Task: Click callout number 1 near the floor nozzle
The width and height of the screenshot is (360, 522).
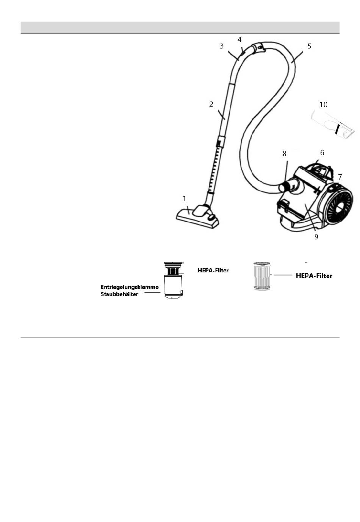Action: pos(185,198)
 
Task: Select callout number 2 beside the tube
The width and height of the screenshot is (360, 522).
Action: pos(211,104)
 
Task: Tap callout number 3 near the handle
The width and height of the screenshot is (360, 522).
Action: pos(222,46)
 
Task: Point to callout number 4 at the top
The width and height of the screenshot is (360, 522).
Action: pos(239,39)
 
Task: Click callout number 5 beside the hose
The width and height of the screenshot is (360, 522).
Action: pos(309,46)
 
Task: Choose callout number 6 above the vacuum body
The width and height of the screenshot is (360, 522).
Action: pos(322,153)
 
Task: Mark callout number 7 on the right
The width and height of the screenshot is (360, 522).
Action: pos(340,177)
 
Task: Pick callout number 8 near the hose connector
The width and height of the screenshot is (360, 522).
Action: pos(284,153)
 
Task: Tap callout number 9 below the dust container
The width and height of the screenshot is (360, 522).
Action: pos(316,237)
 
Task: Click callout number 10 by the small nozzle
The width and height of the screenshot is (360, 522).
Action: pos(323,105)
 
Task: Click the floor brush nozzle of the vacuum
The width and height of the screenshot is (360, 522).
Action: pos(197,217)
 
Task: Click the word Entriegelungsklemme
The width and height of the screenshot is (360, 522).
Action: pos(130,287)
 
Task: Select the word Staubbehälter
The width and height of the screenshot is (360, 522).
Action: pos(119,294)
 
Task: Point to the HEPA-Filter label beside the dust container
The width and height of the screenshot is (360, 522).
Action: pos(213,270)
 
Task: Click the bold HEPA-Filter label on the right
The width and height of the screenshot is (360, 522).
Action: pos(314,276)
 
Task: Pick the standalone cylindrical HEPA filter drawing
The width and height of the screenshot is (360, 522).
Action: pos(261,276)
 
